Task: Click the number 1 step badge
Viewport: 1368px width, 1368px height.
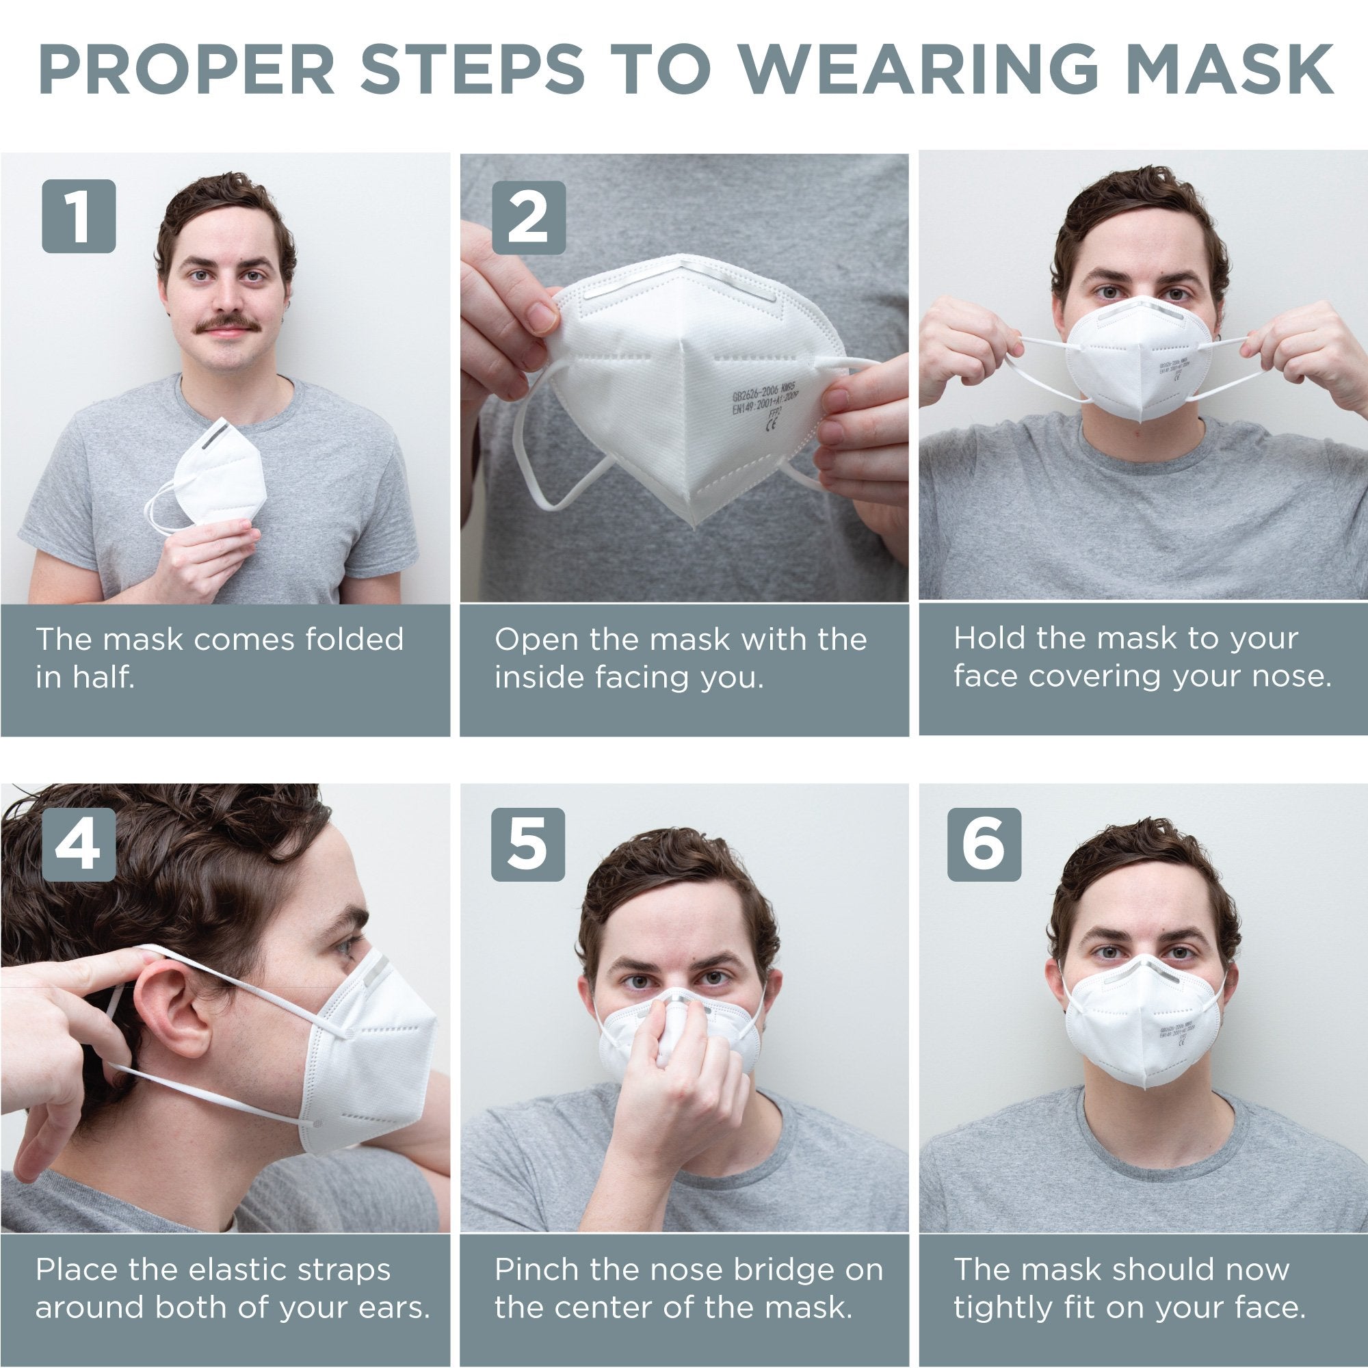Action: [x=79, y=216]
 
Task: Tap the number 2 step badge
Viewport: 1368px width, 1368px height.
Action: [x=528, y=218]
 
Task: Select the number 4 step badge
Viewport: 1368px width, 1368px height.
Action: [x=79, y=845]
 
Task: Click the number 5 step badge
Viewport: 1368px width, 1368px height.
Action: [x=528, y=845]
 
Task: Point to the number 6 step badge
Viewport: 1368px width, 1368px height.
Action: [x=984, y=845]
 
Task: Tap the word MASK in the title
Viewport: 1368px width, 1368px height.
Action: [x=1230, y=70]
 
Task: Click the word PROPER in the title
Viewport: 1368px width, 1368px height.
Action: [x=187, y=70]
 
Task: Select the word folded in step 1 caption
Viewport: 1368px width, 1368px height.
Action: [x=354, y=639]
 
